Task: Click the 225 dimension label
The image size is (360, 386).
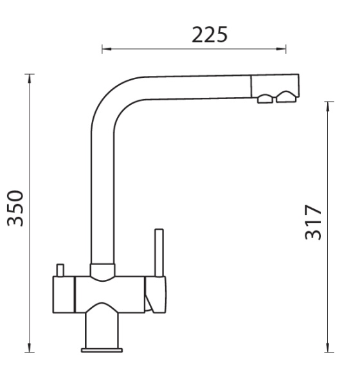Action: pyautogui.click(x=210, y=35)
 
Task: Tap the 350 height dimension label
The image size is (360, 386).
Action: pyautogui.click(x=15, y=208)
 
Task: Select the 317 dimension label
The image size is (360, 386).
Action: pyautogui.click(x=313, y=223)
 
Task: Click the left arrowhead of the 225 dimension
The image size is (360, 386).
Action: pyautogui.click(x=107, y=49)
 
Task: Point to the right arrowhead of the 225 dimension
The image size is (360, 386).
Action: pyautogui.click(x=281, y=49)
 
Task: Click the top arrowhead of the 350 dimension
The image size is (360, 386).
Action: pyautogui.click(x=30, y=78)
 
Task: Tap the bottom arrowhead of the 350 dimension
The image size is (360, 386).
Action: pyautogui.click(x=30, y=347)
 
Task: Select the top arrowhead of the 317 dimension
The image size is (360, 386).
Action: pyautogui.click(x=327, y=106)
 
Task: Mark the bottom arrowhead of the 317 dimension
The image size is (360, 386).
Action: pyautogui.click(x=327, y=347)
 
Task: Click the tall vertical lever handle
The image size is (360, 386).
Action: pyautogui.click(x=159, y=253)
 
